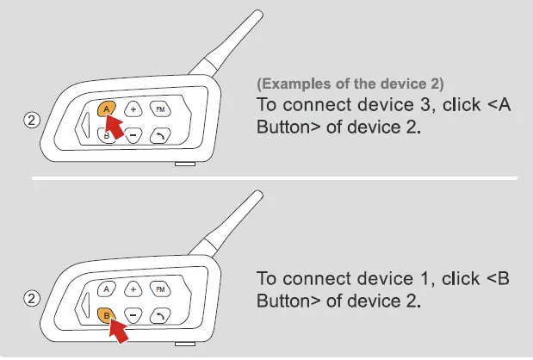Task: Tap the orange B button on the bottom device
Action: point(106,314)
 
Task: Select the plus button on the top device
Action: point(133,109)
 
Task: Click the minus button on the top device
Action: point(133,134)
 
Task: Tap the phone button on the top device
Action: point(160,134)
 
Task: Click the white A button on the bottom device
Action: point(107,289)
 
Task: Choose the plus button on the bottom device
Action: point(133,289)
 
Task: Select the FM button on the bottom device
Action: point(159,289)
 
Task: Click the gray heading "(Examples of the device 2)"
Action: point(350,84)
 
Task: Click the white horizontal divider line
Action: point(276,178)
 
